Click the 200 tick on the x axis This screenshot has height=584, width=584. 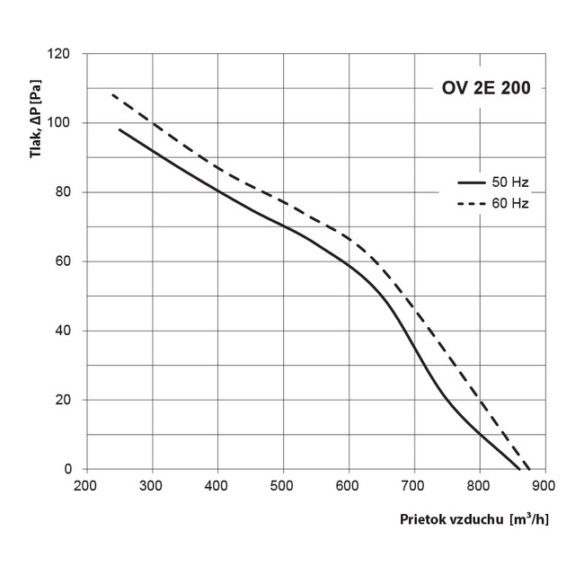84,486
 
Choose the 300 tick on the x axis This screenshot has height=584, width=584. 152,486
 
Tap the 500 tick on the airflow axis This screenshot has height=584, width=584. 283,486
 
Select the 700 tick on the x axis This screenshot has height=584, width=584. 413,486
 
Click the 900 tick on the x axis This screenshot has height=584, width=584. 544,486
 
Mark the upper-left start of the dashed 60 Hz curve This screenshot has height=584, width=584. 111,94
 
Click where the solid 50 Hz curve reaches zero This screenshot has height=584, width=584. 519,469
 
